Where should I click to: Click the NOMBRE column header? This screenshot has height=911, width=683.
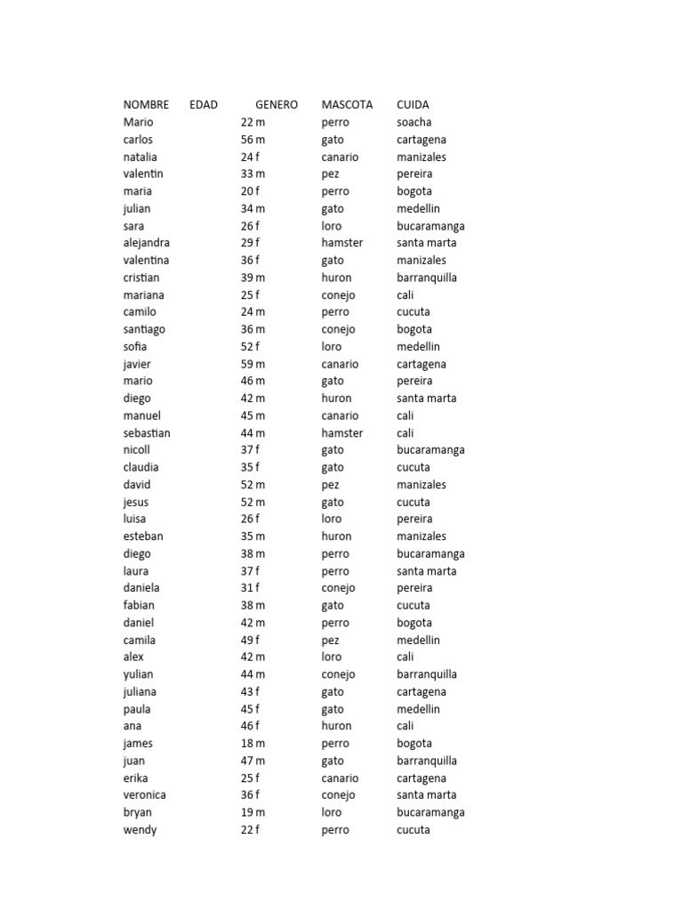pyautogui.click(x=146, y=105)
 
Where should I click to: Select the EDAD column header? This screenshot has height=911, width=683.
pyautogui.click(x=204, y=105)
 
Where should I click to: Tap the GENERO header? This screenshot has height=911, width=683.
pyautogui.click(x=277, y=105)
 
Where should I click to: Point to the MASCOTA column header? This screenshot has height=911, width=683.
pyautogui.click(x=347, y=105)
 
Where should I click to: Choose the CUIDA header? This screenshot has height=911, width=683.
pyautogui.click(x=413, y=105)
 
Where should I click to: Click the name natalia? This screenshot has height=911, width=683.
pyautogui.click(x=141, y=157)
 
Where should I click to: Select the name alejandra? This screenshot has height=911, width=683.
pyautogui.click(x=147, y=243)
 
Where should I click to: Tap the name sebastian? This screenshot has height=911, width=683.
pyautogui.click(x=147, y=432)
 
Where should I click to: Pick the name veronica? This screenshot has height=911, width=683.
pyautogui.click(x=145, y=794)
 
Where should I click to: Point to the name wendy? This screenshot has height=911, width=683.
pyautogui.click(x=141, y=829)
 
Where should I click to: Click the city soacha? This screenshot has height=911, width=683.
pyautogui.click(x=414, y=122)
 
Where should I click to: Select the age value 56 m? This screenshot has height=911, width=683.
pyautogui.click(x=253, y=140)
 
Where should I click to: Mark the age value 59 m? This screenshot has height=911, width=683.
pyautogui.click(x=253, y=364)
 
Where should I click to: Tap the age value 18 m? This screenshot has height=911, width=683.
pyautogui.click(x=253, y=743)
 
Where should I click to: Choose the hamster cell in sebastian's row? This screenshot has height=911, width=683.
pyautogui.click(x=342, y=432)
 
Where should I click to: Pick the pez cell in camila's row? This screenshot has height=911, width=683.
pyautogui.click(x=331, y=640)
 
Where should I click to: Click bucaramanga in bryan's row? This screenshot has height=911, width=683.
pyautogui.click(x=430, y=812)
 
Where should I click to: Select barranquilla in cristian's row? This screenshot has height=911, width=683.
pyautogui.click(x=427, y=278)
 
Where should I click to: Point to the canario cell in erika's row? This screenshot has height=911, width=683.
pyautogui.click(x=341, y=778)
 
